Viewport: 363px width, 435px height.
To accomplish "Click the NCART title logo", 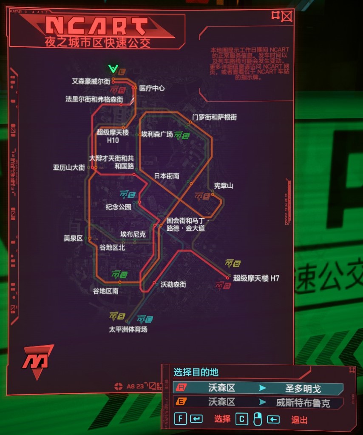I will point(97,26).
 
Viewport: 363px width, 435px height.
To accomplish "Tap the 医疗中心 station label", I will point(152,89).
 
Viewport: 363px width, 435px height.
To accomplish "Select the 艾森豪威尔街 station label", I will point(91,81).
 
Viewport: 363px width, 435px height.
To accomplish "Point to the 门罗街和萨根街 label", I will point(214,117).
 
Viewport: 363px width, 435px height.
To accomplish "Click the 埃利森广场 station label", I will point(157,135).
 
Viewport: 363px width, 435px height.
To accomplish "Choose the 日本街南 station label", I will point(166,176).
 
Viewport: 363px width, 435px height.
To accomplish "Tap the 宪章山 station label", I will point(223,186).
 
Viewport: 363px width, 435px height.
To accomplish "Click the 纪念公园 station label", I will point(118,207).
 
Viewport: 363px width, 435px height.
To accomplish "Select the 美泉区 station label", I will point(73,239).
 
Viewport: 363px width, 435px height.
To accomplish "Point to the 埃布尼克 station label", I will point(133,234).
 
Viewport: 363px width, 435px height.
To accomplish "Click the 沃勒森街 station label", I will point(173,284).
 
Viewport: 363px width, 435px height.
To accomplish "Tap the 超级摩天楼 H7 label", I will point(256,278).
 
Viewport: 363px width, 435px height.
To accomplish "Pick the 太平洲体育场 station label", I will point(128,329).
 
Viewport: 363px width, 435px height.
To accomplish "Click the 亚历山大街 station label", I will point(69,168).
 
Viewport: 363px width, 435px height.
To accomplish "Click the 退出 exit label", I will point(299,420).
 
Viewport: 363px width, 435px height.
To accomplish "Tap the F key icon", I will point(180,419).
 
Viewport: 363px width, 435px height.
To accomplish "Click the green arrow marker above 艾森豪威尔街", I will point(113,69).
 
